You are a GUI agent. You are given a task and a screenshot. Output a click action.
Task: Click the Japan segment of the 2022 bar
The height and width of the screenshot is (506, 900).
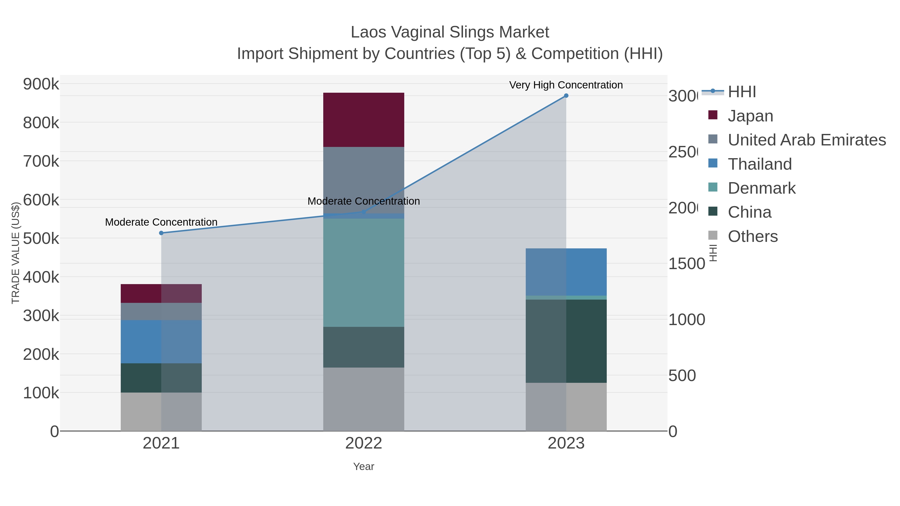pos(363,119)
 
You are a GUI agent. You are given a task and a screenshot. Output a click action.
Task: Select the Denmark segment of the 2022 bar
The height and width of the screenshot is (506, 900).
pos(363,272)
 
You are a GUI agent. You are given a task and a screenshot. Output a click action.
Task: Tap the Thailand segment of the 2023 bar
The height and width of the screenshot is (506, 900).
pos(566,272)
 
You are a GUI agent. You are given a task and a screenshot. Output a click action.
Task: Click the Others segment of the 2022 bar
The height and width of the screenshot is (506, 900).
pos(363,399)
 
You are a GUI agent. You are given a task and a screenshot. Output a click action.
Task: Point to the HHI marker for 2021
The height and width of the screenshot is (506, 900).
pos(161,233)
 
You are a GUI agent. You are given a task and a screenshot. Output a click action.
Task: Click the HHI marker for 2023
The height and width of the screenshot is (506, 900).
pos(566,96)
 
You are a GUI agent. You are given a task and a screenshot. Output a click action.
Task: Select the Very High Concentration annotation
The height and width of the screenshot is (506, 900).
pos(566,85)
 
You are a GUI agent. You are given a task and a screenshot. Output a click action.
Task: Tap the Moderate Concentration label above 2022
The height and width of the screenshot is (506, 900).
pos(363,201)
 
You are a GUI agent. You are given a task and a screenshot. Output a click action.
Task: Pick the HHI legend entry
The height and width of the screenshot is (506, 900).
pos(742,92)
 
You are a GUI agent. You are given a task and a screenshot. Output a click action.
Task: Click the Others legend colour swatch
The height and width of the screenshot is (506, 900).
pos(713,236)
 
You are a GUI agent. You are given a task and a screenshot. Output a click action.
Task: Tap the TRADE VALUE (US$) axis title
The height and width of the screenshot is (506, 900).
pos(15,253)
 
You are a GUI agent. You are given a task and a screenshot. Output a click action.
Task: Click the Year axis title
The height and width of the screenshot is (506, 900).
pos(363,467)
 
